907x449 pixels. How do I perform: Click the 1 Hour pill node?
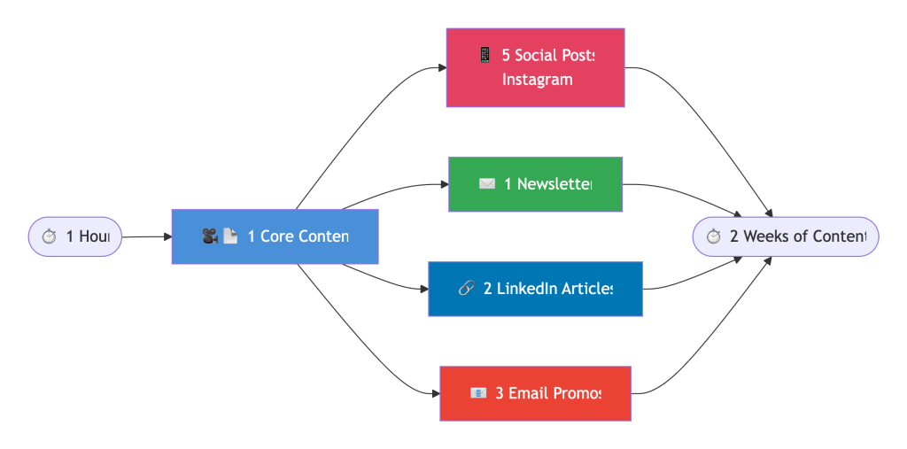(75, 236)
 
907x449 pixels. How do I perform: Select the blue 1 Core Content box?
(275, 236)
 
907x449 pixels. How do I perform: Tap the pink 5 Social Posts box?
(535, 67)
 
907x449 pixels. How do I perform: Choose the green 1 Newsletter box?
(535, 184)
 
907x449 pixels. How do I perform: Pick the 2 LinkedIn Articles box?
(535, 289)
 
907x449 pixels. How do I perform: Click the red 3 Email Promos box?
(535, 393)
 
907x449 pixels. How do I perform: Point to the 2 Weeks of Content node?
(785, 236)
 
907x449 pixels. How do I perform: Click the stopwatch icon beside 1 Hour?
(50, 236)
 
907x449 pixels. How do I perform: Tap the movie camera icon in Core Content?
(210, 236)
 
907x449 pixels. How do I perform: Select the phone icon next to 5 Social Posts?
(485, 55)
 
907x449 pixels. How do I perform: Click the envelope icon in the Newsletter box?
(487, 184)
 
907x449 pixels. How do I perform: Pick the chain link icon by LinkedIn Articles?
(467, 289)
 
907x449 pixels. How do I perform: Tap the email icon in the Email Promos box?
(478, 393)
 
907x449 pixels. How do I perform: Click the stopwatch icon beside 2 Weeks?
(714, 236)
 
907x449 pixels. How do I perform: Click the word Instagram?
(537, 80)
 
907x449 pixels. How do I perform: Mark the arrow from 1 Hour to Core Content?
(146, 237)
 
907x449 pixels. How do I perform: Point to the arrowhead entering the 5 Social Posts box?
(441, 67)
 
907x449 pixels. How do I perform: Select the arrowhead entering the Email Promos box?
(434, 393)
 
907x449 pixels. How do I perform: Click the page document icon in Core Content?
(230, 236)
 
